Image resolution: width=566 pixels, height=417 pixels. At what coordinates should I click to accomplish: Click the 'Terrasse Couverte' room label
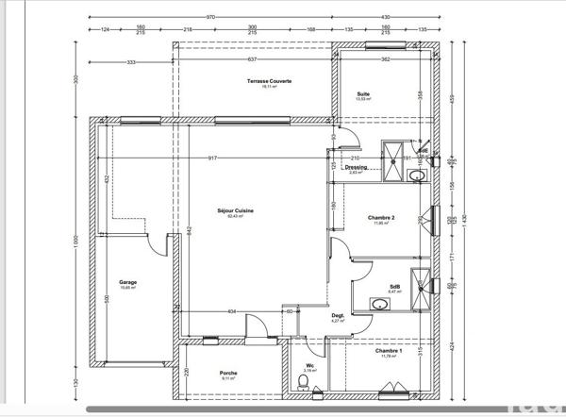click(269, 82)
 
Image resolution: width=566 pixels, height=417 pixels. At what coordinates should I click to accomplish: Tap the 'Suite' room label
click(362, 94)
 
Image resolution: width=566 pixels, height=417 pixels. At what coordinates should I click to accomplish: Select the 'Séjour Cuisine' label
click(235, 210)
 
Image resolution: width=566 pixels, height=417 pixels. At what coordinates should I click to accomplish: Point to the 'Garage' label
click(127, 282)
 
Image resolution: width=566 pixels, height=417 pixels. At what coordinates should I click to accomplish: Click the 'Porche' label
click(228, 373)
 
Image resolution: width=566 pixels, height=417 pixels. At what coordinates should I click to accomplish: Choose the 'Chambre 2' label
click(381, 218)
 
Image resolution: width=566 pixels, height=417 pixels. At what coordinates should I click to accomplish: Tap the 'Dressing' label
click(357, 168)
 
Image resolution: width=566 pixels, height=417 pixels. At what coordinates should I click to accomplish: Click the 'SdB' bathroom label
click(394, 287)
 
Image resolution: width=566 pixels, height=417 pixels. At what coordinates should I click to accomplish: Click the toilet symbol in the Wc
click(302, 381)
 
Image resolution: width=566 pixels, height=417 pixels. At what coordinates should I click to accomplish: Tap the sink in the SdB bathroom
click(380, 304)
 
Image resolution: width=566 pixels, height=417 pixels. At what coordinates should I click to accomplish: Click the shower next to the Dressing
click(392, 150)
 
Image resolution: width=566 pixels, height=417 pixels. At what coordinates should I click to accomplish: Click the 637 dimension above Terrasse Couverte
click(252, 60)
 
